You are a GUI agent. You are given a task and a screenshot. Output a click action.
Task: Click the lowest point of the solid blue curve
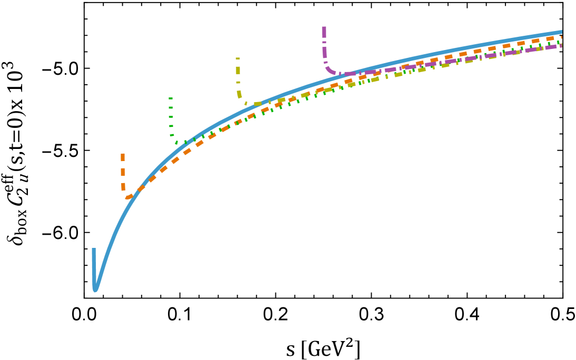[x=95, y=289]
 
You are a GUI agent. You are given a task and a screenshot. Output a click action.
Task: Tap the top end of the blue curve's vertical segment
[x=94, y=249]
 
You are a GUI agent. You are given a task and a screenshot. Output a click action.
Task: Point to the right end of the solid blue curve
[x=561, y=32]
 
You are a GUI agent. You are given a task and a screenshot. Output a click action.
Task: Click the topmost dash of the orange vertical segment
[x=123, y=157]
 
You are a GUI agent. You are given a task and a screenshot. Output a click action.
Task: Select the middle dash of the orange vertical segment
[x=123, y=172]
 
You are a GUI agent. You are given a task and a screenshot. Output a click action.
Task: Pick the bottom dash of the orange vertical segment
[x=123, y=186]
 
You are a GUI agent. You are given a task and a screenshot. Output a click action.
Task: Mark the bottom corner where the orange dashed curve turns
[x=127, y=197]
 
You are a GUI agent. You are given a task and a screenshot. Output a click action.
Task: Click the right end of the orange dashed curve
[x=561, y=37]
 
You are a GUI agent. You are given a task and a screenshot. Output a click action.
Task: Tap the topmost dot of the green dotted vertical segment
[x=171, y=98]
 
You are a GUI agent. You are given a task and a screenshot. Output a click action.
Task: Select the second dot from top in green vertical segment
[x=171, y=107]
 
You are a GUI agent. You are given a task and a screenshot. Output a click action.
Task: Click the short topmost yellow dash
[x=237, y=58]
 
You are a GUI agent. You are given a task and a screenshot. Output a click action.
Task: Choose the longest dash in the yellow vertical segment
[x=238, y=70]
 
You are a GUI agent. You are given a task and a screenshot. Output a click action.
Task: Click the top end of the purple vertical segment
[x=324, y=28]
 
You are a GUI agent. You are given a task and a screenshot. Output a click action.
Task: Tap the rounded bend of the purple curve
[x=330, y=70]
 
